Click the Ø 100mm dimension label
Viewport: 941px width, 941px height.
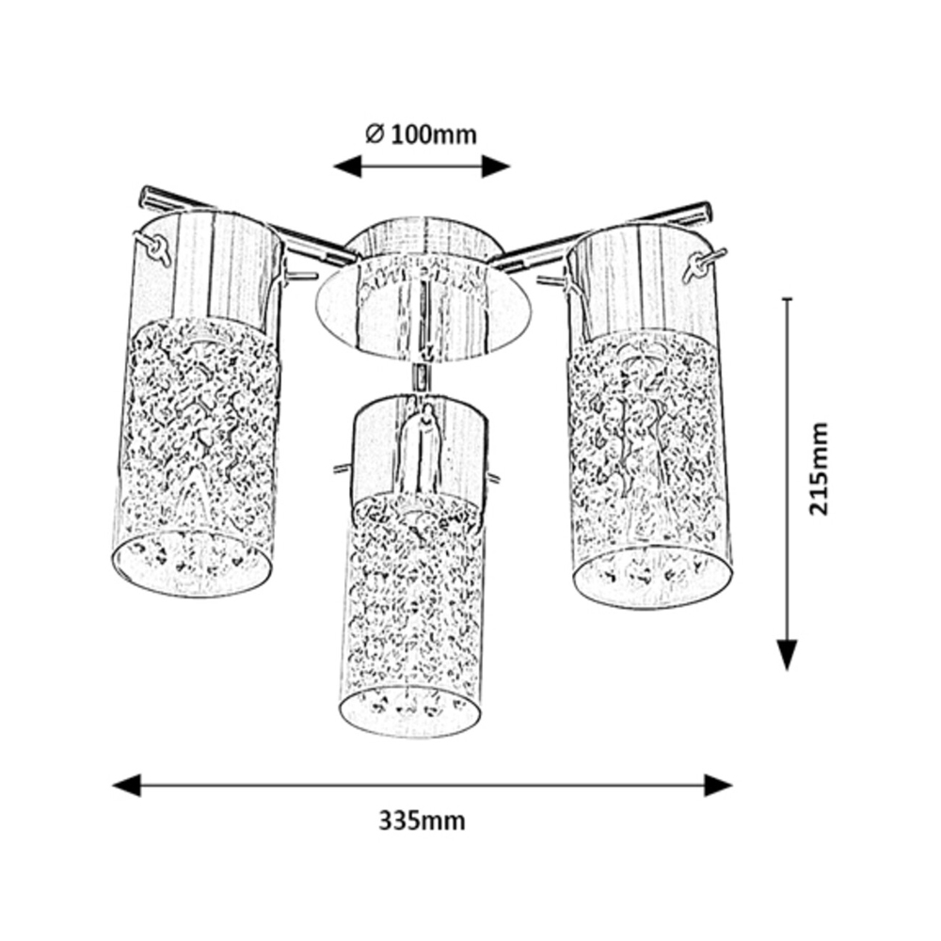422,135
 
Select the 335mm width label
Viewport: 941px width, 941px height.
423,821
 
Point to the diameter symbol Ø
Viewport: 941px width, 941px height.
374,135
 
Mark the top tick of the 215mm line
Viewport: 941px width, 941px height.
787,299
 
